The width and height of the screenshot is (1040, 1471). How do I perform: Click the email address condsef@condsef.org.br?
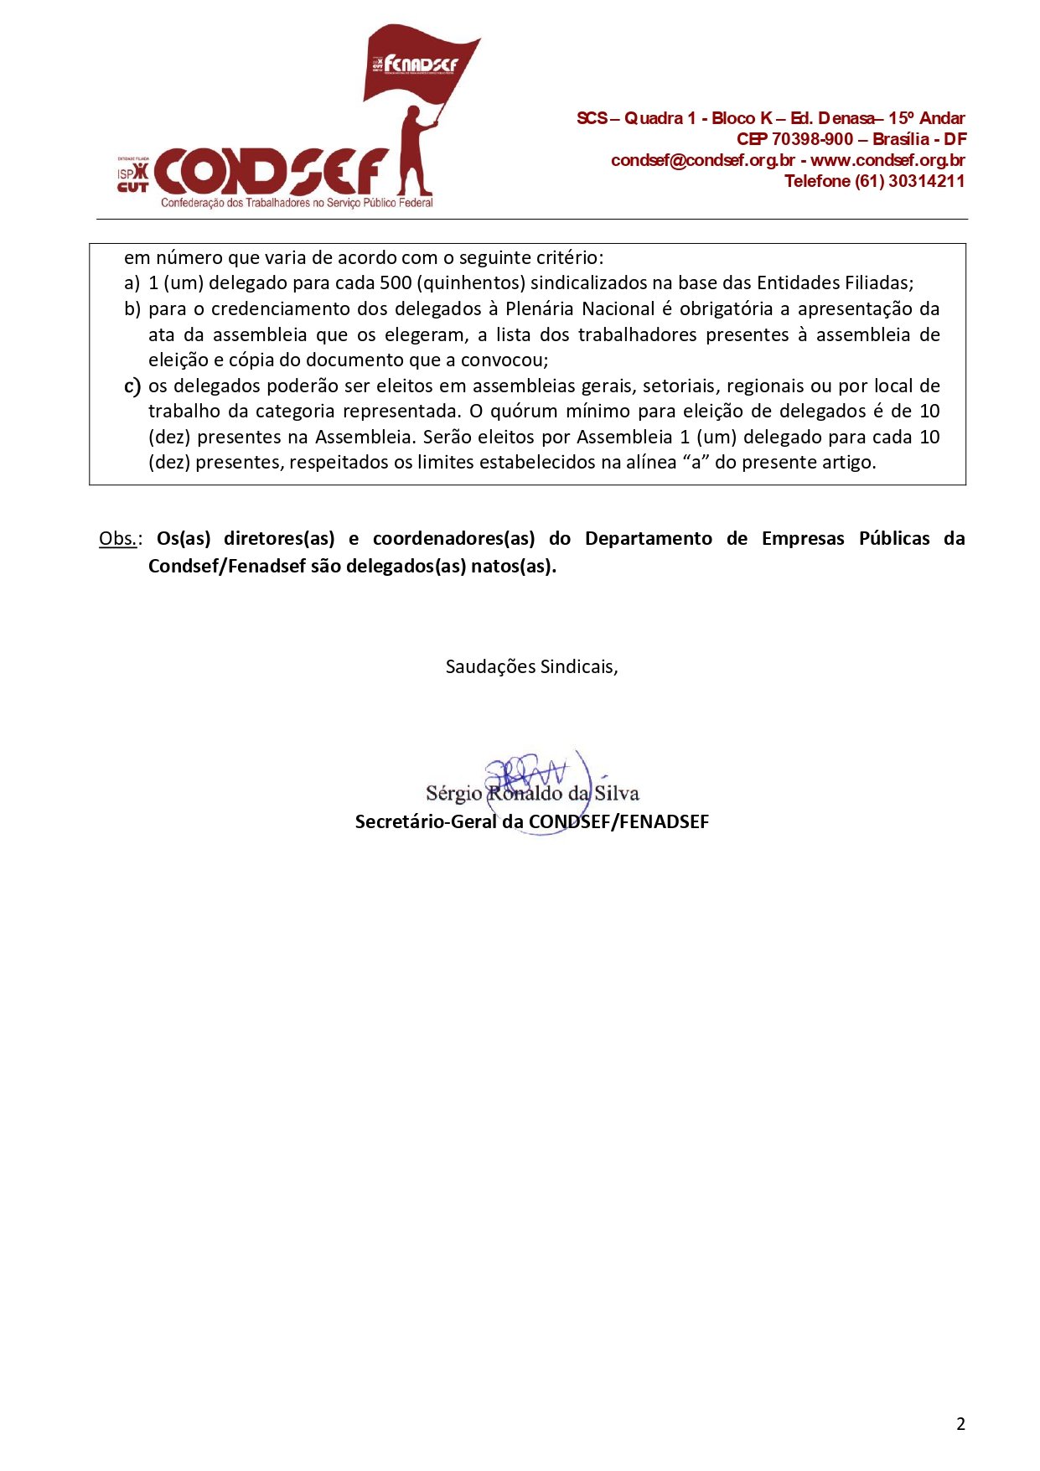pyautogui.click(x=702, y=160)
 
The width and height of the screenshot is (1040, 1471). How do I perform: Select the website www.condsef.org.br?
pyautogui.click(x=887, y=160)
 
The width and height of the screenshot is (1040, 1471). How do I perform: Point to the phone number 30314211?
pyautogui.click(x=926, y=181)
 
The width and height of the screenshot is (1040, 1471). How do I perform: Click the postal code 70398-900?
pyautogui.click(x=812, y=139)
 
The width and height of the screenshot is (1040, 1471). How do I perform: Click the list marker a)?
pyautogui.click(x=132, y=283)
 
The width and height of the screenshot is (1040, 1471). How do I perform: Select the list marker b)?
pyautogui.click(x=132, y=309)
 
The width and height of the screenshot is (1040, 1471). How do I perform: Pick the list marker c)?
pyautogui.click(x=132, y=386)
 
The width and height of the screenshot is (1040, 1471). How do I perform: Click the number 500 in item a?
pyautogui.click(x=396, y=283)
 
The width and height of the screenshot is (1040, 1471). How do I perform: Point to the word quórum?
pyautogui.click(x=523, y=412)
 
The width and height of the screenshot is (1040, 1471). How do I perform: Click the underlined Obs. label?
pyautogui.click(x=118, y=539)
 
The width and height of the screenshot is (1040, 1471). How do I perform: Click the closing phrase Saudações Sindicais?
pyautogui.click(x=531, y=667)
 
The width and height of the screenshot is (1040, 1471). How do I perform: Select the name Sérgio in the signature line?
pyautogui.click(x=453, y=794)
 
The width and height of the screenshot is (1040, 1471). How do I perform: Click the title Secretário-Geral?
pyautogui.click(x=426, y=822)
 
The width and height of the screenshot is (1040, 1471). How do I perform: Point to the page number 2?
pyautogui.click(x=960, y=1424)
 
